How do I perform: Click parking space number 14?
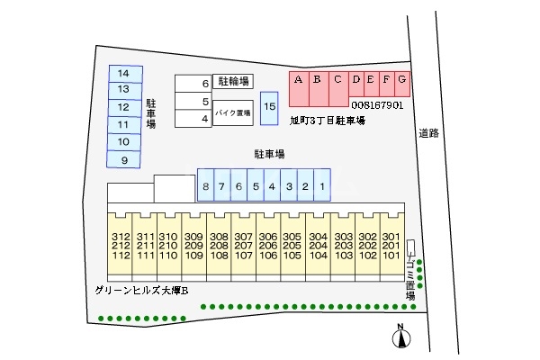coord(124,73)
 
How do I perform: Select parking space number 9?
coord(124,159)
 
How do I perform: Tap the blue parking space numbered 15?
coord(269,108)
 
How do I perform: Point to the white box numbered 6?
coord(193,83)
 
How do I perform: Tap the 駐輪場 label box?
coord(232,82)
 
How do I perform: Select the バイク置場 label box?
coord(232,113)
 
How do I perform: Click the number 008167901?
coord(377,105)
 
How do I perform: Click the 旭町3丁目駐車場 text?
coord(327,120)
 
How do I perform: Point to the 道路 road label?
coord(428,133)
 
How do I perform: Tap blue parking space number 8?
coord(206,186)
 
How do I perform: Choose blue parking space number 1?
coord(322,186)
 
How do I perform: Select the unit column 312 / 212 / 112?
coord(121,245)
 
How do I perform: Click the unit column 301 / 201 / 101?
coord(391,245)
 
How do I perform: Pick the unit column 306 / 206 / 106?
coord(267,245)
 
